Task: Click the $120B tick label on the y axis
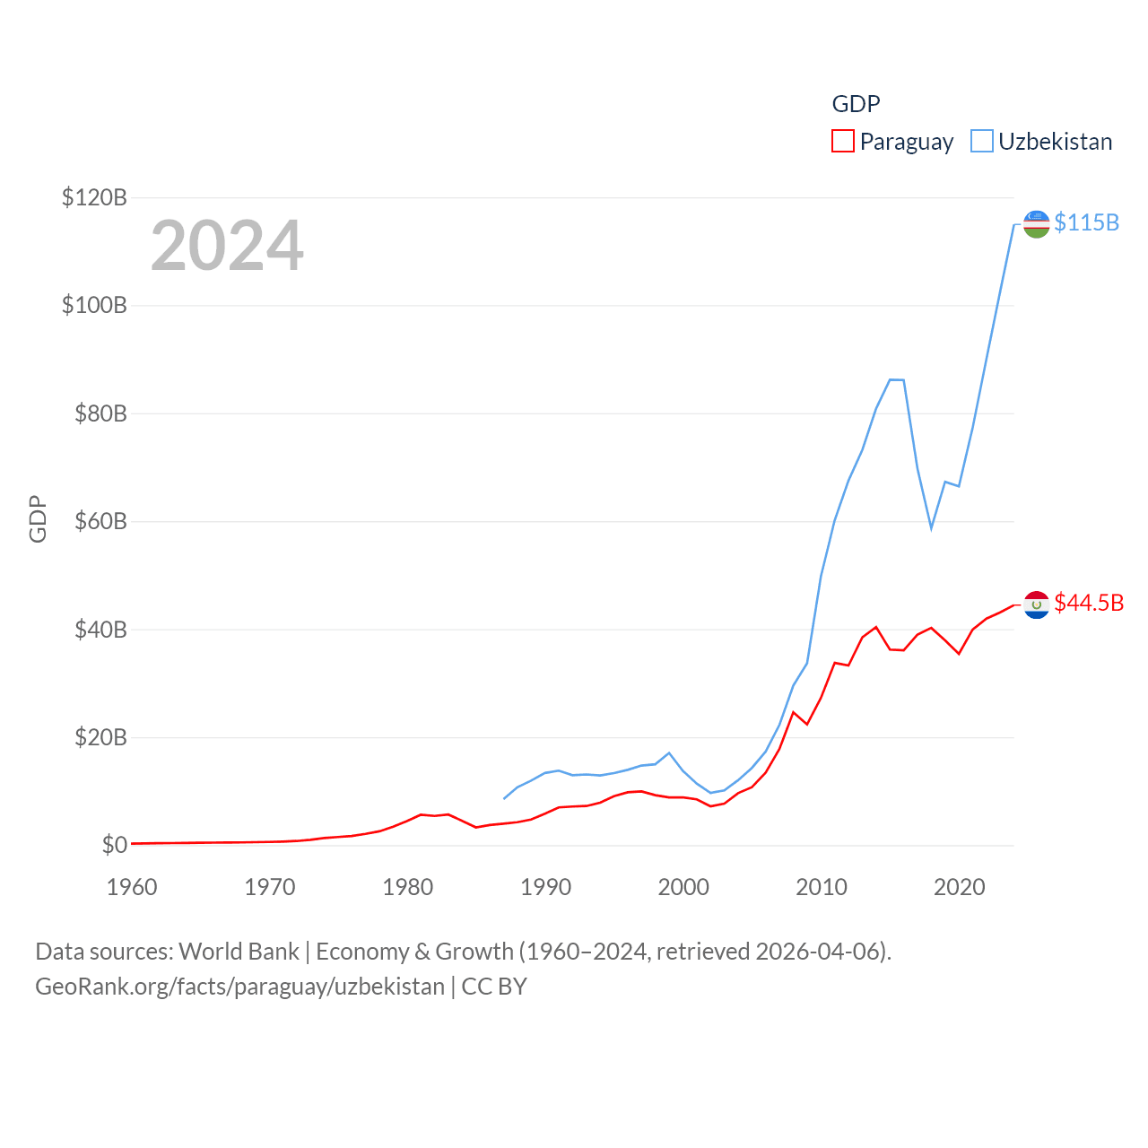pos(94,197)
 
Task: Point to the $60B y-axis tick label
pos(100,521)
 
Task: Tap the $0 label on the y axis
pos(114,845)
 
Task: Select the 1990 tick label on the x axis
pos(545,887)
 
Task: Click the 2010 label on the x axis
pos(822,887)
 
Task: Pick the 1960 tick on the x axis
pos(132,887)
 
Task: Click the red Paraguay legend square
pos(843,142)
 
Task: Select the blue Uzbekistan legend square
pos(982,142)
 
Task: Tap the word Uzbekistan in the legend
pos(1055,142)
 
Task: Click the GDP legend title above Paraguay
pos(856,104)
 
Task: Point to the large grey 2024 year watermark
pos(227,246)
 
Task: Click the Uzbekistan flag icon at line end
pos(1036,224)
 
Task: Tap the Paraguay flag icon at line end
pos(1036,604)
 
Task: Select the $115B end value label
pos(1086,222)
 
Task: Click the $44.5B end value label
pos(1089,603)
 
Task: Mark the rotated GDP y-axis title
pos(38,518)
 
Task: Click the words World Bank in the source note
pos(239,951)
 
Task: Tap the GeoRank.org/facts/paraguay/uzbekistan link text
pos(239,987)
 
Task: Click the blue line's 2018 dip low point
pos(931,527)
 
